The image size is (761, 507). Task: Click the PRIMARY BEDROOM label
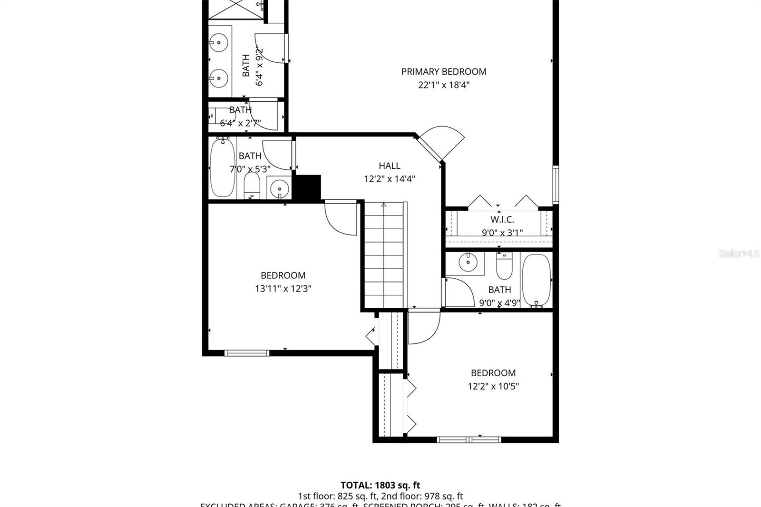tap(443, 72)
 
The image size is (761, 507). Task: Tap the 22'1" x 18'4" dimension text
tap(443, 85)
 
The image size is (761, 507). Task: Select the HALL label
tap(389, 166)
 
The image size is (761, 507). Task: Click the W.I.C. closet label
tap(502, 220)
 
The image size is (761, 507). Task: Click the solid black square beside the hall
tap(308, 187)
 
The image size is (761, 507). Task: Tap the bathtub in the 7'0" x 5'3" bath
tap(222, 167)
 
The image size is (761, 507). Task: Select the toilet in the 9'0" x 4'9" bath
tap(504, 266)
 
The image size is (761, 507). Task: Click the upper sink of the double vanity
tap(219, 43)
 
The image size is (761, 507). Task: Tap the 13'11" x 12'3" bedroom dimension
tap(283, 289)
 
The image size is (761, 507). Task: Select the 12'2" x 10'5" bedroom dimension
tap(493, 386)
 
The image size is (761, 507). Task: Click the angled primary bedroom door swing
tap(442, 141)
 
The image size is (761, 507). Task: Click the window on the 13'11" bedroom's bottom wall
tap(246, 353)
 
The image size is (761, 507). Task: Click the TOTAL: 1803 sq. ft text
tap(380, 485)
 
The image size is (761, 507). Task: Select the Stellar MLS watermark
tap(738, 254)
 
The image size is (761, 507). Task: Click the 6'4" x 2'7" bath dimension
tap(240, 123)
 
